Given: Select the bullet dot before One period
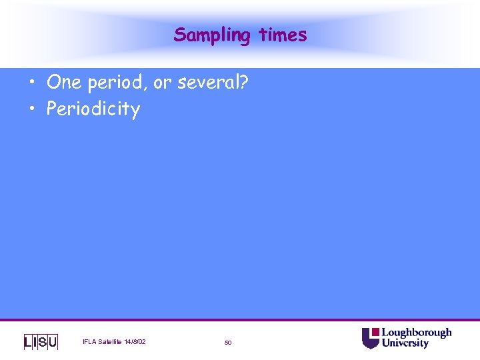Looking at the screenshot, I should coord(33,83).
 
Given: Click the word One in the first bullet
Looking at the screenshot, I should coord(65,83).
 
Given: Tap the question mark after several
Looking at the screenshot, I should coord(244,83).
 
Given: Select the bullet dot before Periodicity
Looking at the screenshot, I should coord(33,109).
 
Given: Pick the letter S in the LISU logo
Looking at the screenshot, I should coord(43,342).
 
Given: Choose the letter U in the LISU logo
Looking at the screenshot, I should coord(53,342).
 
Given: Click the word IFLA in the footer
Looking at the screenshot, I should coord(89,342).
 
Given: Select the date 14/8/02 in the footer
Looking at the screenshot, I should coord(135,342).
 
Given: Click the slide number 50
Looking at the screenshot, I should coord(228,343).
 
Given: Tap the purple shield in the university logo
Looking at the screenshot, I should coord(370,338).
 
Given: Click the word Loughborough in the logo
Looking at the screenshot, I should coord(416,333).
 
